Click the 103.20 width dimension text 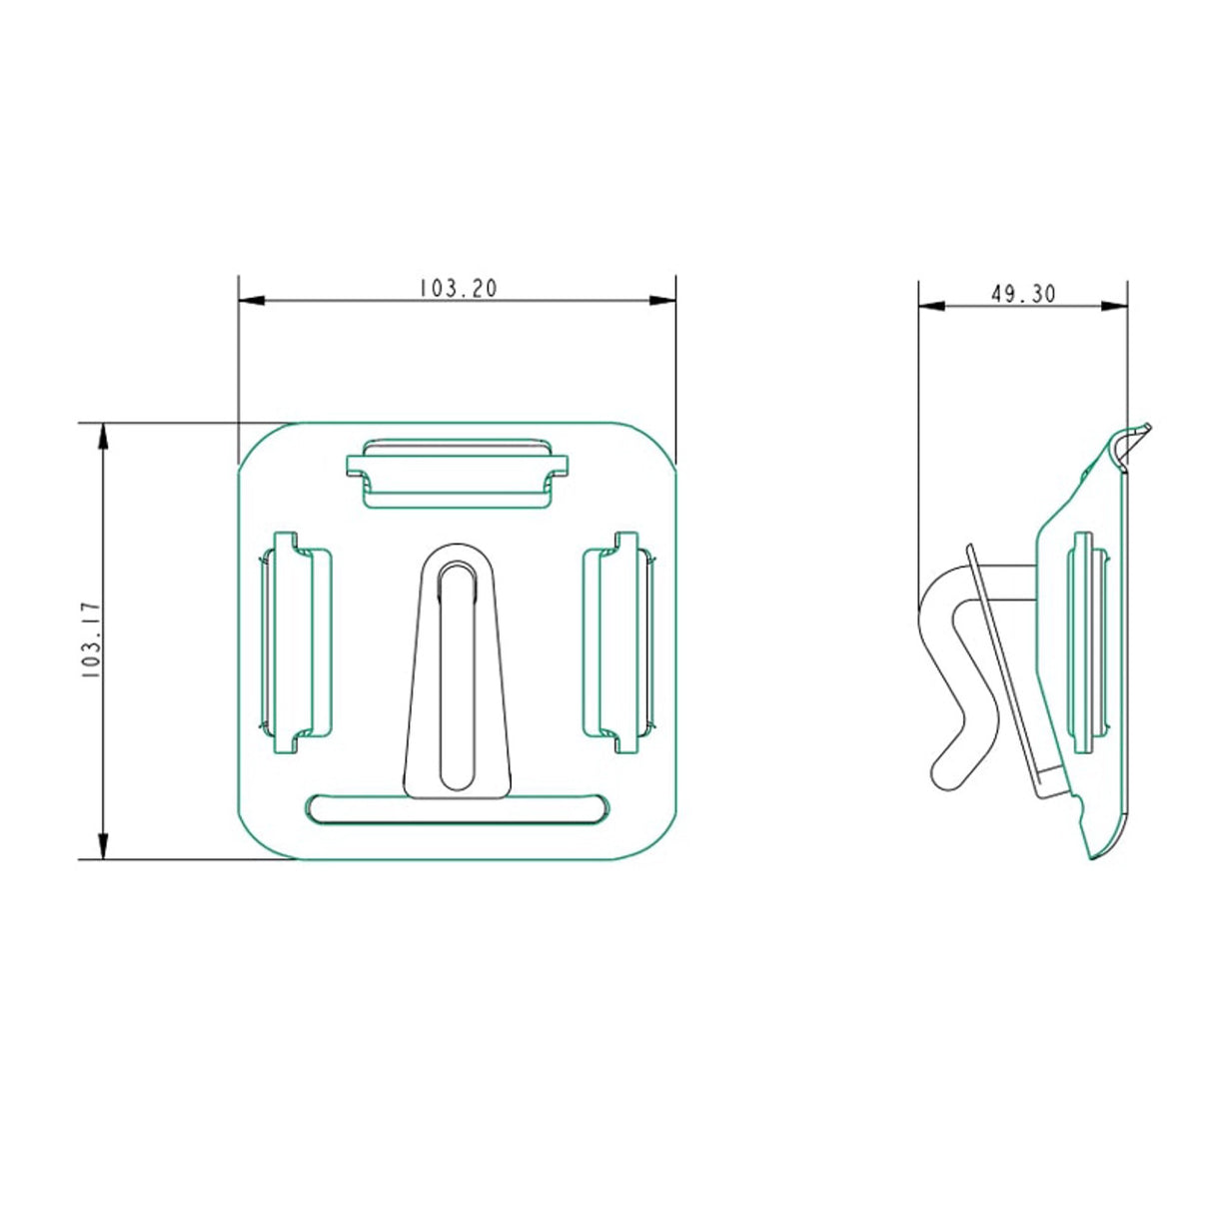[x=458, y=289]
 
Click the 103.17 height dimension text [x=91, y=640]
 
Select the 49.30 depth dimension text [x=1023, y=294]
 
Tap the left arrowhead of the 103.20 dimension [x=251, y=300]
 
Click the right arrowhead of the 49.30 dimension [x=1114, y=306]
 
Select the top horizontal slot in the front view [x=458, y=474]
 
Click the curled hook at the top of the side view [x=1131, y=441]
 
